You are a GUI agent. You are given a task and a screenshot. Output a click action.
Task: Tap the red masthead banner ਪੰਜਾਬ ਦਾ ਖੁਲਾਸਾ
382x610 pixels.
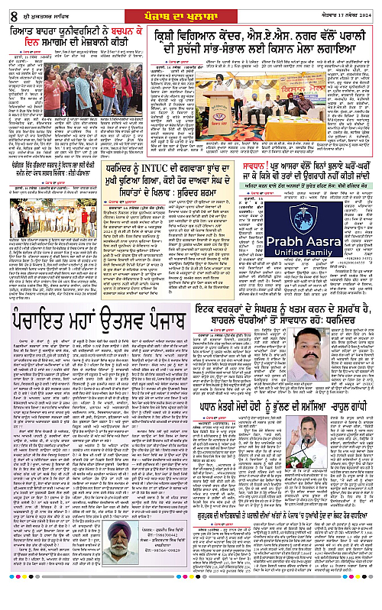190,9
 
